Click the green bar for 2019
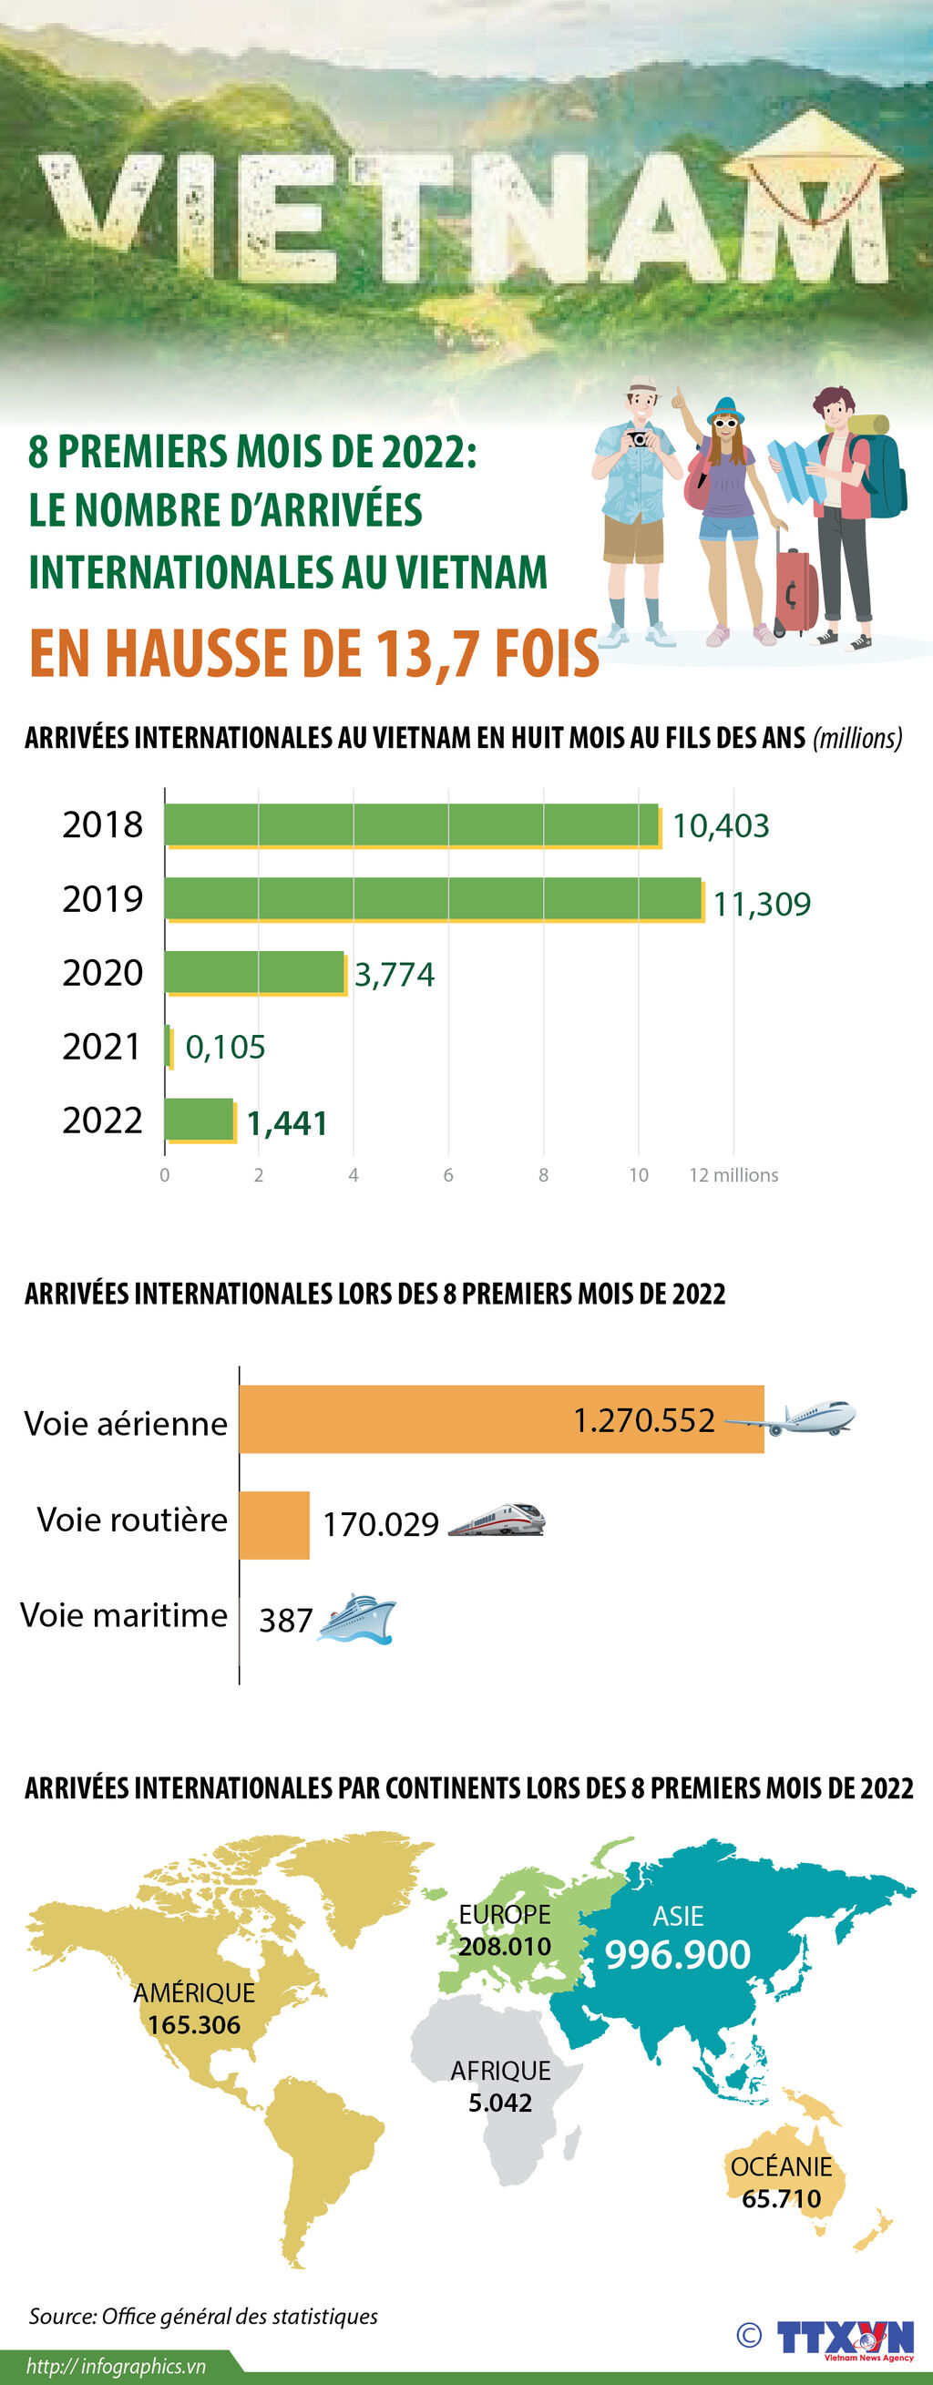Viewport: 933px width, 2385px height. (x=433, y=898)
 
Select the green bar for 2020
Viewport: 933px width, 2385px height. (x=254, y=972)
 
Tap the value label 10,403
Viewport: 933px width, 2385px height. (x=720, y=825)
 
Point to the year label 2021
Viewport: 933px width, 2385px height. (x=102, y=1046)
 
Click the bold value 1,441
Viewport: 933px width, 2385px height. (x=287, y=1123)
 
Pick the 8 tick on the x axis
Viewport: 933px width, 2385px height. (x=543, y=1175)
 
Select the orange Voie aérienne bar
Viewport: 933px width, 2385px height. (x=500, y=1419)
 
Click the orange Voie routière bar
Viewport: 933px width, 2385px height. (x=274, y=1525)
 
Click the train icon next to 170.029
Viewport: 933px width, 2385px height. (x=497, y=1520)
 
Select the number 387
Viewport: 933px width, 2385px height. (x=285, y=1622)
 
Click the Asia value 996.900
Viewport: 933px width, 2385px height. (x=678, y=1954)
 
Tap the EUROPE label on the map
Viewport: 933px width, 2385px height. (x=505, y=1914)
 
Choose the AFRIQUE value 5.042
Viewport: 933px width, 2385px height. (x=500, y=2103)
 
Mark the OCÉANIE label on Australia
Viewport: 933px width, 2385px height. (x=781, y=2166)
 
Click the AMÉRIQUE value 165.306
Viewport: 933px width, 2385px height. (x=193, y=2024)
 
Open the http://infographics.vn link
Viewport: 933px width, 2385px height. (x=116, y=2366)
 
